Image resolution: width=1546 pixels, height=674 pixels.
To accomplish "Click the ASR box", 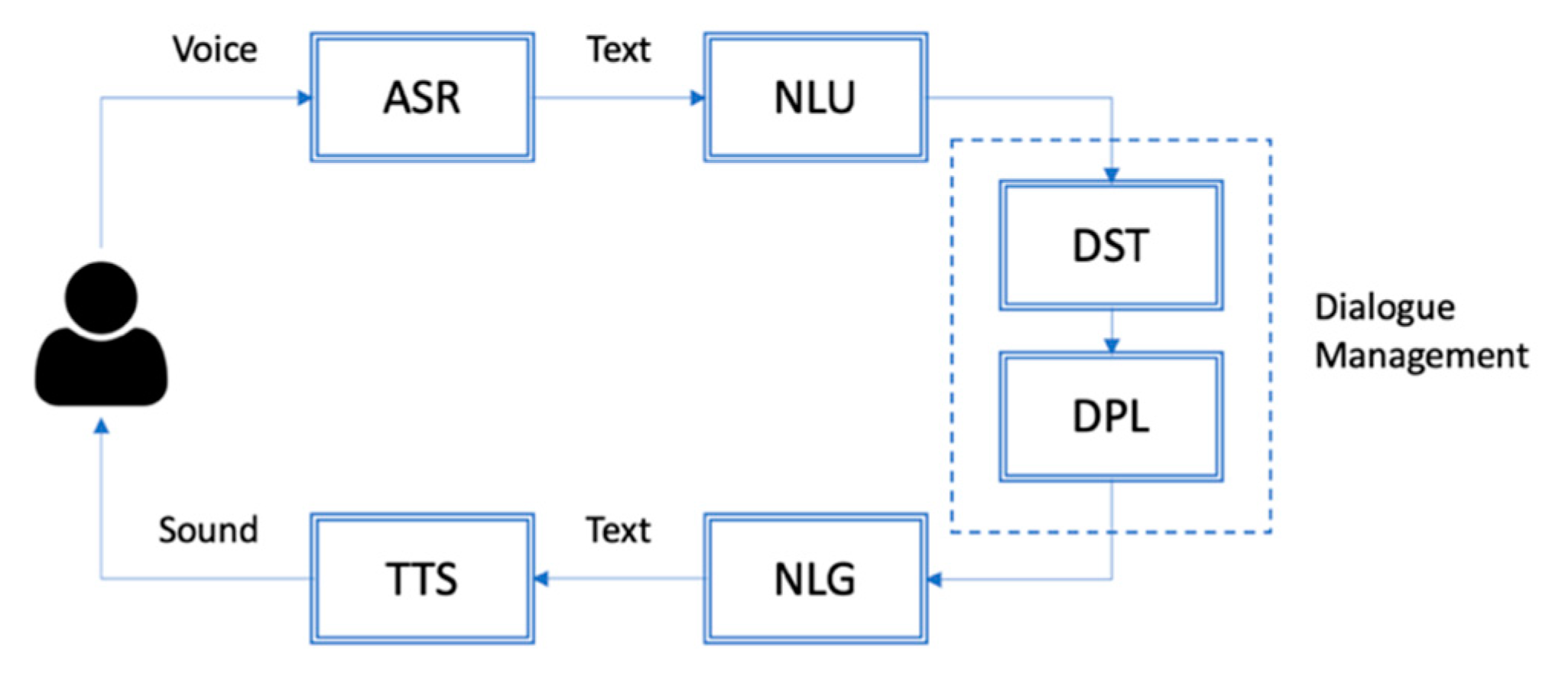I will pos(422,97).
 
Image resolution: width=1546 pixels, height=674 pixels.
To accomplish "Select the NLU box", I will pos(815,97).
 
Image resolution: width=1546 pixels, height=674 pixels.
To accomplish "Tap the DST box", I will pos(1110,246).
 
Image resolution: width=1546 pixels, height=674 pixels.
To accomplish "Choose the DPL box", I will pos(1110,417).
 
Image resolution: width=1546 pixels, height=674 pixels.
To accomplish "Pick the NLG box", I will pos(815,578).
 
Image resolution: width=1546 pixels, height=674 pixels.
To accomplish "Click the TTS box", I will pos(422,578).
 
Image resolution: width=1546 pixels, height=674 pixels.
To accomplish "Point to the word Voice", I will pos(215,50).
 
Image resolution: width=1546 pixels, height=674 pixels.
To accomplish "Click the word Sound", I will pos(208,529).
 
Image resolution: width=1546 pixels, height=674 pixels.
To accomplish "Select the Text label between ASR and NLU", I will pos(618,50).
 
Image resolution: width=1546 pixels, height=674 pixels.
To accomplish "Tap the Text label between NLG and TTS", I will pos(618,529).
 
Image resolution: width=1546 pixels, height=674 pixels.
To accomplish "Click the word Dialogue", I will pos(1385,308).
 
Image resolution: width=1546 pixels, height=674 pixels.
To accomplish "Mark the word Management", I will pos(1421,356).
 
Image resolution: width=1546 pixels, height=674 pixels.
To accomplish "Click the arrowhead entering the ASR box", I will pos(304,97).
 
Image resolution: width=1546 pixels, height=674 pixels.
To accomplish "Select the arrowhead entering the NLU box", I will pos(697,97).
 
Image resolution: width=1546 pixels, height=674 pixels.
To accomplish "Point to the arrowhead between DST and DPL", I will pos(1112,346).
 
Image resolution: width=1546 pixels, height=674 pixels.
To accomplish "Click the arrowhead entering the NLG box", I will pos(934,579).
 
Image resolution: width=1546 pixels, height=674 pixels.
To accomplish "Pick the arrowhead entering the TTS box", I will pos(541,578).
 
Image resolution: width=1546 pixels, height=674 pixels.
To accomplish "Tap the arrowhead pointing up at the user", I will pos(101,426).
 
